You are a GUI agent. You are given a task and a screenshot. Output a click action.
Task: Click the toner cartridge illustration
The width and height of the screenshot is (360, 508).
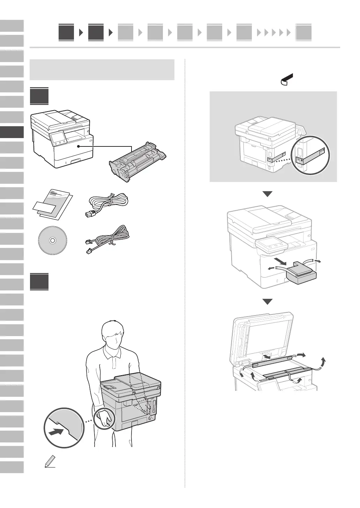coord(137,161)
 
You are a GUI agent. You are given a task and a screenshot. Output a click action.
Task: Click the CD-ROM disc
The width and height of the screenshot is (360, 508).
coord(52,241)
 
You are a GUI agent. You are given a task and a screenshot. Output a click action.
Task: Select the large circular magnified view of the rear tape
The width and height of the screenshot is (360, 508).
coord(311,155)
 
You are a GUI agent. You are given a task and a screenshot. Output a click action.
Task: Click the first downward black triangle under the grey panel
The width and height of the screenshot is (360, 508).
coord(267,194)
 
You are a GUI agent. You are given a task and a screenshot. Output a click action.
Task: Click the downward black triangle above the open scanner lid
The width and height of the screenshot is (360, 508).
coord(267,302)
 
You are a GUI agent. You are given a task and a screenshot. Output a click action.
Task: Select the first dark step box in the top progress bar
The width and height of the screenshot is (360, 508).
coord(66,32)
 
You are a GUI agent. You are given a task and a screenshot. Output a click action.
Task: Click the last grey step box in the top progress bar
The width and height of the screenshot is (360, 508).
coord(303,33)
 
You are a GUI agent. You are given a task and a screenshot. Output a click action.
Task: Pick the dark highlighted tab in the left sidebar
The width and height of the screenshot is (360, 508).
coord(12,132)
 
